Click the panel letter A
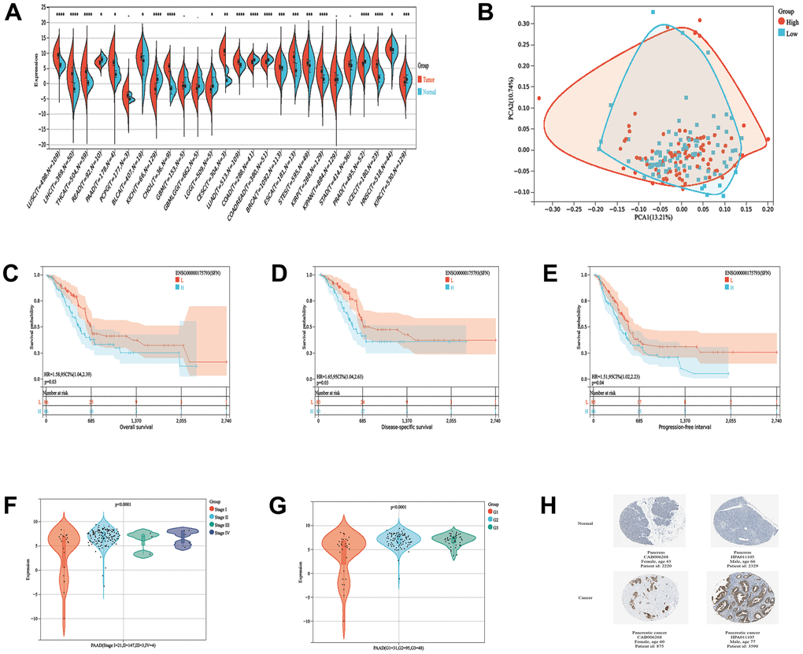pos(13,13)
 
